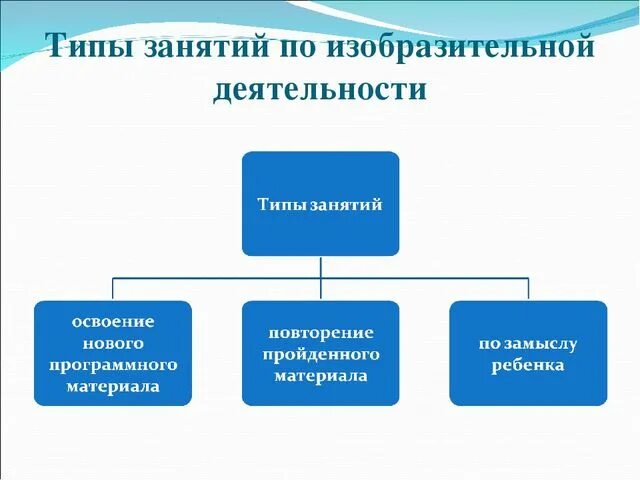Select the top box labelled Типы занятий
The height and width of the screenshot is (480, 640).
pyautogui.click(x=320, y=203)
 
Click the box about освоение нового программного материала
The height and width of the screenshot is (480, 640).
pyautogui.click(x=112, y=353)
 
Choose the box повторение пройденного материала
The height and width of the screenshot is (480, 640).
pyautogui.click(x=320, y=353)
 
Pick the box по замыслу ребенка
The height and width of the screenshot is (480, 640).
pyautogui.click(x=527, y=353)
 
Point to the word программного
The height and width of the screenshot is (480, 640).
pyautogui.click(x=113, y=364)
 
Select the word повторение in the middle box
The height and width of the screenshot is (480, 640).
pyautogui.click(x=320, y=332)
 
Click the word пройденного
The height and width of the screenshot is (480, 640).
pyautogui.click(x=320, y=354)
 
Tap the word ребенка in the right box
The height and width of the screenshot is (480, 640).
pyautogui.click(x=527, y=365)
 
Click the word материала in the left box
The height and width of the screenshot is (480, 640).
pyautogui.click(x=113, y=386)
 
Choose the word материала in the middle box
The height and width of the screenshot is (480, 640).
pyautogui.click(x=320, y=376)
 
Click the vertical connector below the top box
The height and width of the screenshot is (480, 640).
pyautogui.click(x=320, y=266)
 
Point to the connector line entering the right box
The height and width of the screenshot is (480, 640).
pyautogui.click(x=527, y=289)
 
